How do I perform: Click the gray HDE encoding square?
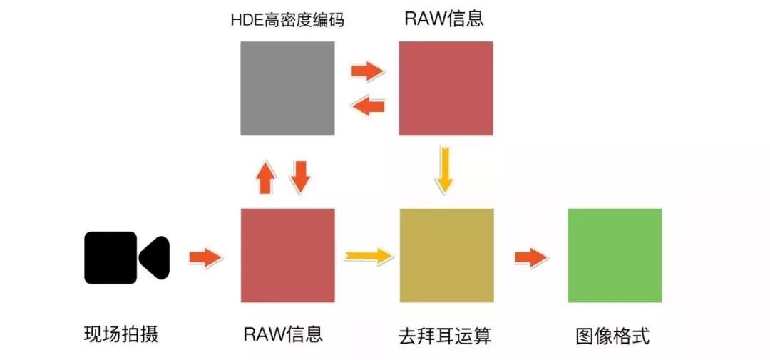(287, 88)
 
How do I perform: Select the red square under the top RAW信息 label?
(446, 88)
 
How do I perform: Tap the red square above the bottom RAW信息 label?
(287, 255)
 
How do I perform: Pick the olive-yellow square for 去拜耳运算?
(447, 255)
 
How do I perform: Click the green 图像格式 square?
(615, 255)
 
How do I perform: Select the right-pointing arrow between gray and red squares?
(367, 71)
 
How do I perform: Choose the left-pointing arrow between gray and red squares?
(369, 107)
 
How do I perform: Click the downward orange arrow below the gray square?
(301, 176)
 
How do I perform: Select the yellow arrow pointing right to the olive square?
(368, 255)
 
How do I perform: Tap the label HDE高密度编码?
(287, 20)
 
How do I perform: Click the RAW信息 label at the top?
(444, 19)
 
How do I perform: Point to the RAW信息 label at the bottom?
(283, 334)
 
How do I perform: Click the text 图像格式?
(613, 336)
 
